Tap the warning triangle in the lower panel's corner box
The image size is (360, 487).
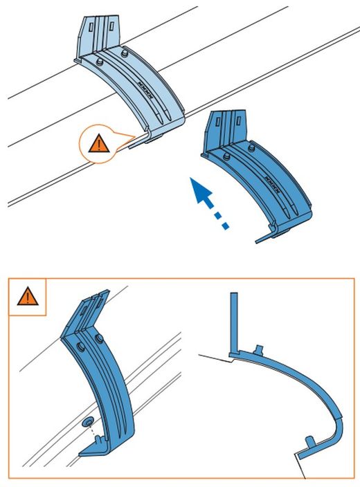(27, 297)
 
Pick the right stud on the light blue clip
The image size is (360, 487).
(125, 53)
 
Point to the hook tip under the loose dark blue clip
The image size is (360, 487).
(263, 239)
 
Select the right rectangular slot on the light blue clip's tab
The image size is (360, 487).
(111, 26)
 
